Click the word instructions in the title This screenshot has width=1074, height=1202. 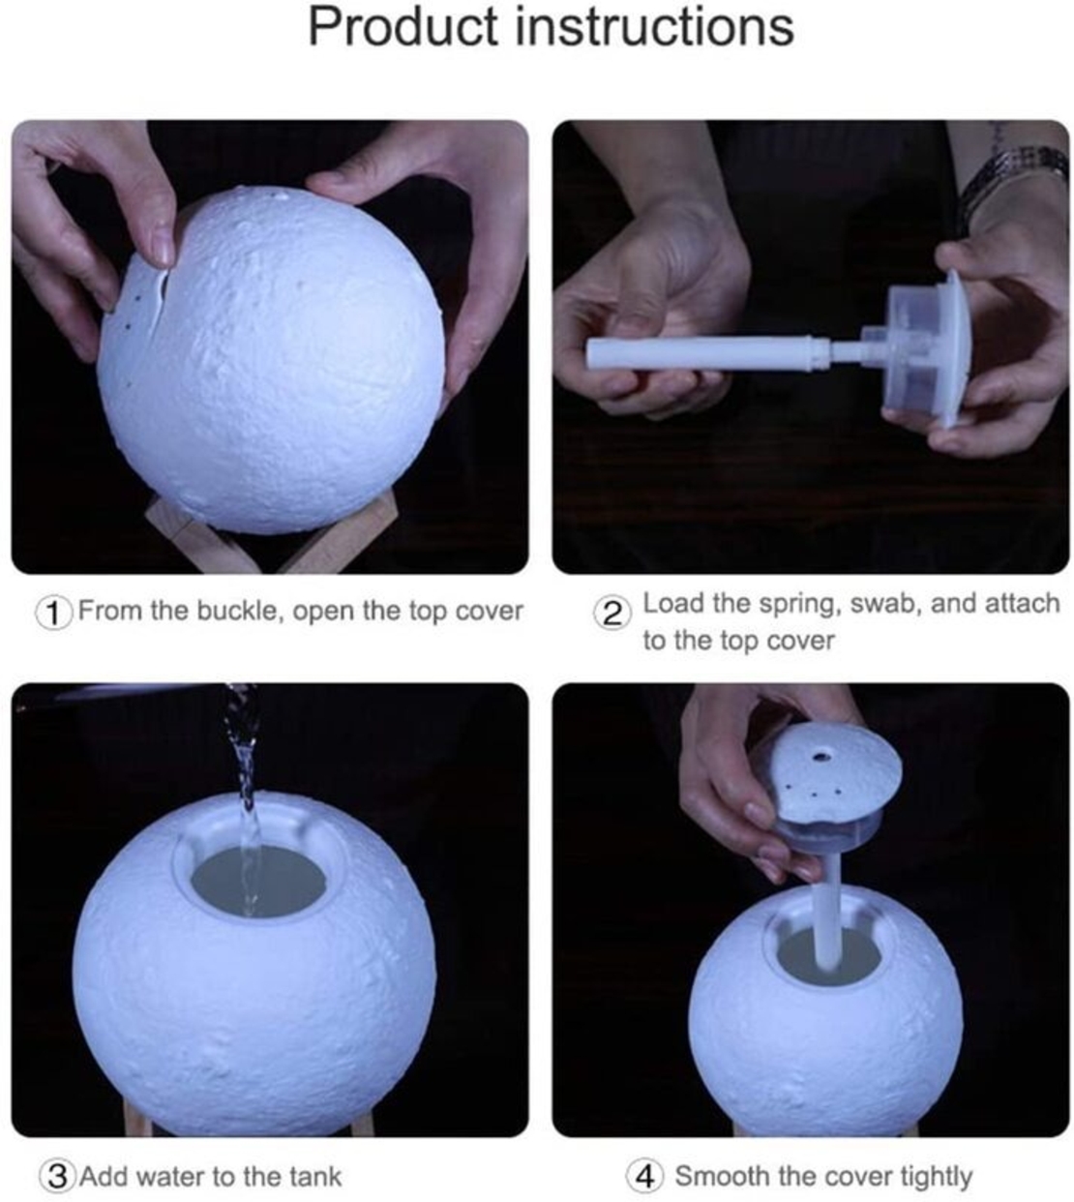click(x=655, y=27)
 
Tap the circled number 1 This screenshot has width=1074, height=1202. click(x=54, y=614)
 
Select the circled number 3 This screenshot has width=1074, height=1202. click(x=57, y=1176)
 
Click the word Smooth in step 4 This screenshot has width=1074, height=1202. click(x=722, y=1175)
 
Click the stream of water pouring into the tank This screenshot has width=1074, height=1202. click(x=246, y=795)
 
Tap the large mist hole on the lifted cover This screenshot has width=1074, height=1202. click(x=821, y=756)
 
